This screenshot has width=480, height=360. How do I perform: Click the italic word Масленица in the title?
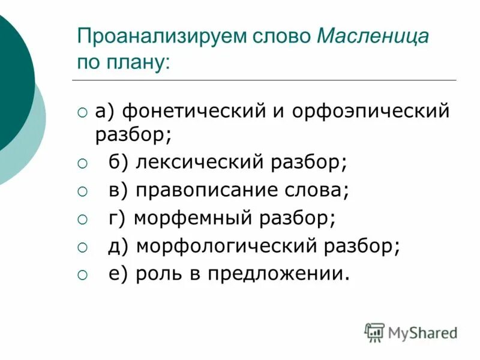[x=373, y=37]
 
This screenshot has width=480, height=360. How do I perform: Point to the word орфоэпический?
[x=370, y=112]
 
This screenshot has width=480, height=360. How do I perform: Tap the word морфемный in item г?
[x=191, y=218]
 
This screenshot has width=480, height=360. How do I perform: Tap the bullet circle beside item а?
[x=82, y=112]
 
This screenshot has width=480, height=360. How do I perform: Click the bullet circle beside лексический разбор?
[x=82, y=163]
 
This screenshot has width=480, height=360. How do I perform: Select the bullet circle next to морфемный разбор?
[x=82, y=218]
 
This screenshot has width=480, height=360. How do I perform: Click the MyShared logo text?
[x=422, y=332]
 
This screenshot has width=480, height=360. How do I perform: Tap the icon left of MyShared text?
[x=374, y=332]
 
